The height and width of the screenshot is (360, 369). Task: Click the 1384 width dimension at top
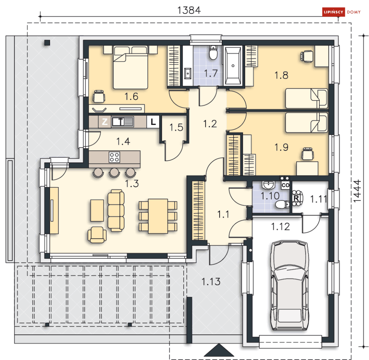pos(189,10)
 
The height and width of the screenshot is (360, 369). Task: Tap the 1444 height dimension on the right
pos(357,191)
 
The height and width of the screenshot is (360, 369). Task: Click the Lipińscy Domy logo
pos(342,12)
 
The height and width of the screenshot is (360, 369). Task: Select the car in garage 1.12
pos(290,285)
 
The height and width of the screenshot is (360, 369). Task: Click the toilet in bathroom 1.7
pos(214,53)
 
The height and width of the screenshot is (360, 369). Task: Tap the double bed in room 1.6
pos(131,67)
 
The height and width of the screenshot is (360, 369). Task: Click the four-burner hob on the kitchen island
pos(114,157)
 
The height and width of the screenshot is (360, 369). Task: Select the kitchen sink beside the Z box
pos(122,122)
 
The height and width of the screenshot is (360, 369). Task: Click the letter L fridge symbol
pos(153,122)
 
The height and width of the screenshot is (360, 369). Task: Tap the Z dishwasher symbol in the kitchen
pos(105,122)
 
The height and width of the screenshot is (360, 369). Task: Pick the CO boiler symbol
pos(285,185)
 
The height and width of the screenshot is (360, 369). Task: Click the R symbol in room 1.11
pos(296,198)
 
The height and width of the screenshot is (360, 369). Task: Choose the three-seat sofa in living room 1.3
pos(116,211)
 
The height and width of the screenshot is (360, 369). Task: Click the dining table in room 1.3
pos(158,216)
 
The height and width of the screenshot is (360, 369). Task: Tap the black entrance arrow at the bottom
pos(219,350)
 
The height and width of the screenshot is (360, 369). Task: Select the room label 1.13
pos(211,282)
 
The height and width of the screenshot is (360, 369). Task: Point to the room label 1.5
pos(176,127)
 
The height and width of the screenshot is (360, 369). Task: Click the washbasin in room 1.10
pos(268,185)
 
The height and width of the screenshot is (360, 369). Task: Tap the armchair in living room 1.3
pos(97,235)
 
